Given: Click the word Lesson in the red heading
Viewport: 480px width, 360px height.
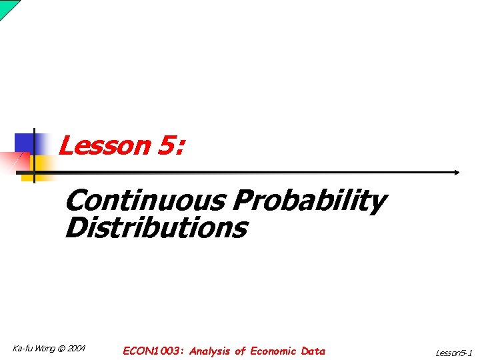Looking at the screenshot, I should pyautogui.click(x=104, y=145).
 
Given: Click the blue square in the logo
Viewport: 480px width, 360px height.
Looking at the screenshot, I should pyautogui.click(x=25, y=143).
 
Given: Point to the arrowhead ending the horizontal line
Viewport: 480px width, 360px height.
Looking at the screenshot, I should pyautogui.click(x=457, y=172).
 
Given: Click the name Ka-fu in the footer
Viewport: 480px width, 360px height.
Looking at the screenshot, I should pyautogui.click(x=22, y=349).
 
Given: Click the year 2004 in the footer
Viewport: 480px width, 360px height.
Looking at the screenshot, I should pyautogui.click(x=77, y=349).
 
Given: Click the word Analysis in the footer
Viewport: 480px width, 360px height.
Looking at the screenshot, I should pyautogui.click(x=209, y=351).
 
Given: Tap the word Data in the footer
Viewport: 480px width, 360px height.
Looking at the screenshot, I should pyautogui.click(x=313, y=351).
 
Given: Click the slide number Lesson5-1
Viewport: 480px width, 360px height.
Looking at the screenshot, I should pyautogui.click(x=453, y=353).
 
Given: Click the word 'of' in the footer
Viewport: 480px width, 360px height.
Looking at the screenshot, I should pyautogui.click(x=240, y=351).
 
